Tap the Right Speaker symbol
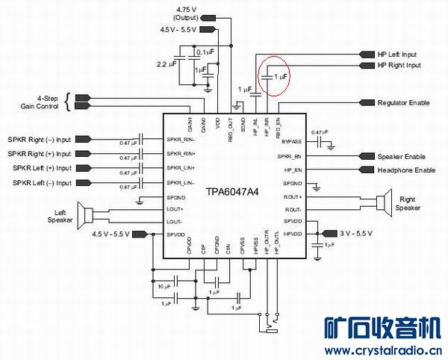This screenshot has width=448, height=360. point(384,202)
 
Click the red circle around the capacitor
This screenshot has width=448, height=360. point(274,75)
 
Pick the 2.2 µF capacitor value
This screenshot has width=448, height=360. point(168,65)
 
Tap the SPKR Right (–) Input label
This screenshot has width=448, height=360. point(40,140)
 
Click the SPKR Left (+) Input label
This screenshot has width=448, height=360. point(42,168)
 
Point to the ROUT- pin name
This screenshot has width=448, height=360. point(293,210)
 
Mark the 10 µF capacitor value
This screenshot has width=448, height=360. point(167,287)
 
